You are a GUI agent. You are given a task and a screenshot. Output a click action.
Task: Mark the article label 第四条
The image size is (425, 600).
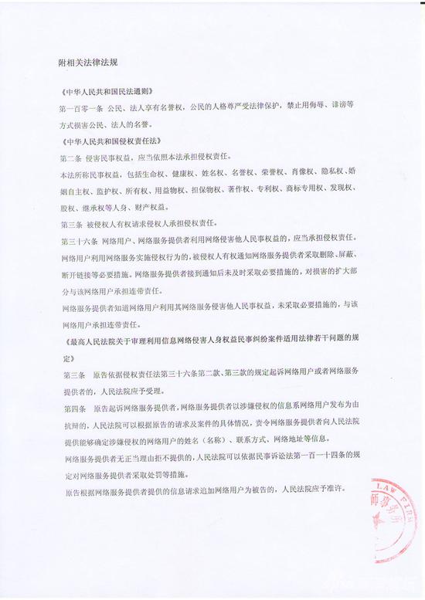coord(72,405)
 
